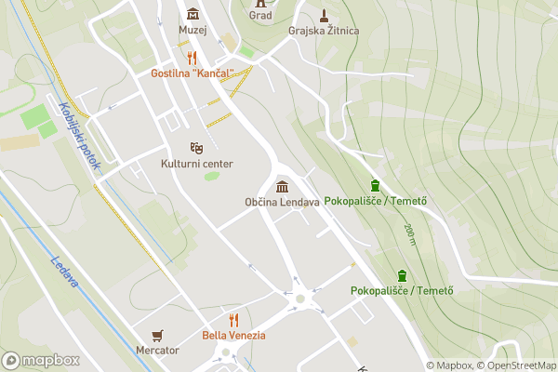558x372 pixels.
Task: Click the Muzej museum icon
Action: click(193, 13)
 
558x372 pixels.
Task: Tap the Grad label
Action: click(260, 16)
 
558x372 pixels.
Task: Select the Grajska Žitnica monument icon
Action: click(324, 15)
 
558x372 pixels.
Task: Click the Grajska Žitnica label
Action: click(324, 31)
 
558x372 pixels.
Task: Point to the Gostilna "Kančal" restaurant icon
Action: click(193, 58)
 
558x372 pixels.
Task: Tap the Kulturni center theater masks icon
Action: click(196, 148)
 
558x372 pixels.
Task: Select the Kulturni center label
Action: click(196, 164)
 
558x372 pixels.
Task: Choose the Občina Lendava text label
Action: click(282, 202)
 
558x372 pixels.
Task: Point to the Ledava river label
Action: click(62, 272)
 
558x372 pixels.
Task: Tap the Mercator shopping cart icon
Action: click(157, 335)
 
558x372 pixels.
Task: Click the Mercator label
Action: click(157, 351)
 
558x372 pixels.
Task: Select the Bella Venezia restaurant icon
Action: click(233, 320)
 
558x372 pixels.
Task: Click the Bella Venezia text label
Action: click(233, 335)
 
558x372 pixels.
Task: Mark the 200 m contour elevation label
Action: click(409, 234)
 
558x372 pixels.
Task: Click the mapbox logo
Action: click(41, 360)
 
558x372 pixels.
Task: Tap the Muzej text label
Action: click(193, 29)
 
